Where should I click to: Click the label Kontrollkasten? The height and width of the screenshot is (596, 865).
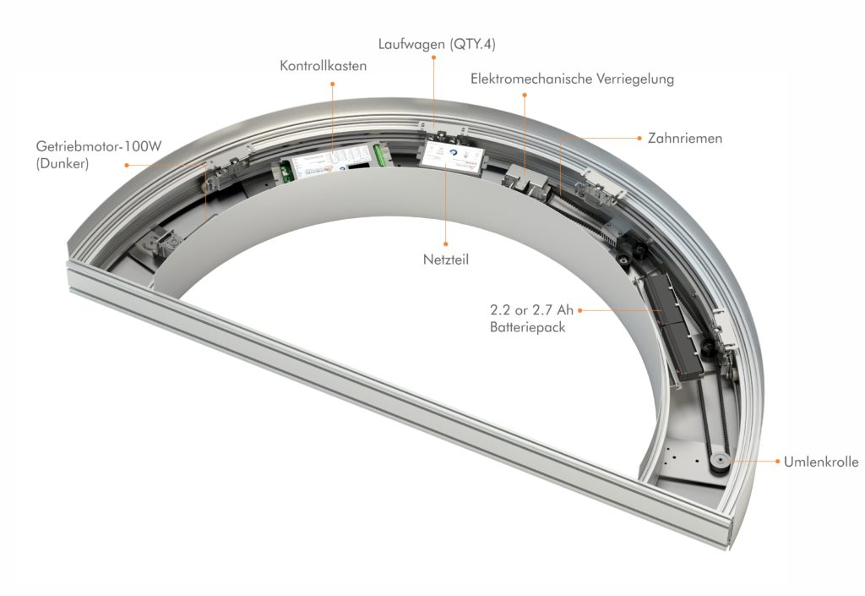(x=324, y=66)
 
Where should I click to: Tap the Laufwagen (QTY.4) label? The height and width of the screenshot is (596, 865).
(x=437, y=44)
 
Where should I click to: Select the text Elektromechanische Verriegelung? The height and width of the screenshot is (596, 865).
(x=572, y=79)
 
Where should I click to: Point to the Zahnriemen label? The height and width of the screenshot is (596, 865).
(x=684, y=138)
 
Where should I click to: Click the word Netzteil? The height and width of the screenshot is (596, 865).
(x=446, y=260)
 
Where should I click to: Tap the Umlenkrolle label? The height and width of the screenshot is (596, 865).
(x=821, y=462)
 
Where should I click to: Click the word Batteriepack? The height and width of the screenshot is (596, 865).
(x=527, y=327)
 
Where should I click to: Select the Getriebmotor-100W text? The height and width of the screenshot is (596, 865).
(x=99, y=146)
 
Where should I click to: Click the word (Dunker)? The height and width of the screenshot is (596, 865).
(x=63, y=164)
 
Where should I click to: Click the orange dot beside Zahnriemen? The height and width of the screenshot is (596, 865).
(x=639, y=138)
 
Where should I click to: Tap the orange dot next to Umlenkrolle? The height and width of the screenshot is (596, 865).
(x=778, y=461)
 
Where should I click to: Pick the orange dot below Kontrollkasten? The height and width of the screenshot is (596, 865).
(x=333, y=84)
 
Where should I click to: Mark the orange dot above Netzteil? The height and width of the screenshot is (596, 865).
(x=446, y=243)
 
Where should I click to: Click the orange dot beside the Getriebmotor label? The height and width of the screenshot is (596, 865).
(x=127, y=165)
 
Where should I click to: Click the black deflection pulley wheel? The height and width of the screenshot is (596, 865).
(x=719, y=462)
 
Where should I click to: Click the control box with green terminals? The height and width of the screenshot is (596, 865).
(x=335, y=160)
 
